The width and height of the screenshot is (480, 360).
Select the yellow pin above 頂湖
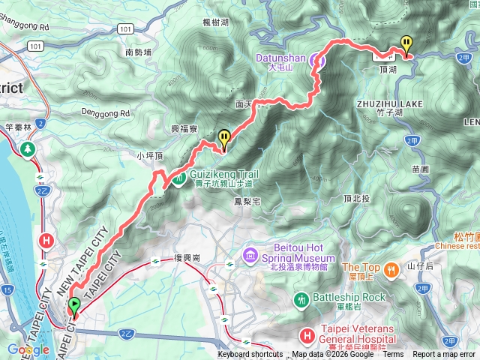coord(406,44)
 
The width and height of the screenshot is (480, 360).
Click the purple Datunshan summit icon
coord(318,61)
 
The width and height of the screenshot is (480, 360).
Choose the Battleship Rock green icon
coord(301,298)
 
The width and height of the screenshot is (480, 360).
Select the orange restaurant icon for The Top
coord(391,268)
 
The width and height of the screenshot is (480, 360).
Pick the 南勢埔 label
coord(138,52)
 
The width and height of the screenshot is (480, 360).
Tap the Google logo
coord(28,349)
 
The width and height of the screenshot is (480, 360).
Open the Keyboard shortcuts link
coord(250,355)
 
